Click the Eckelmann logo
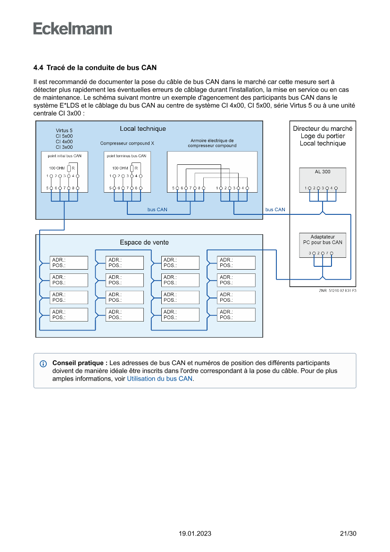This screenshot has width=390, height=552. click(73, 29)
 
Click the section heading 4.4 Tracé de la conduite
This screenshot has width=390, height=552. click(95, 68)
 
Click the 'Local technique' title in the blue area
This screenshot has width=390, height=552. click(142, 128)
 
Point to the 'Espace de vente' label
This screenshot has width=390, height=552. click(144, 242)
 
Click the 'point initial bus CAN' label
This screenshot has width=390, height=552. click(65, 156)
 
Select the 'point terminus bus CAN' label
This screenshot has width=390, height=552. click(126, 156)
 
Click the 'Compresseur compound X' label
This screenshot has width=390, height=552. click(127, 143)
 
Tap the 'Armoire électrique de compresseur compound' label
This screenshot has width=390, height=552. click(212, 143)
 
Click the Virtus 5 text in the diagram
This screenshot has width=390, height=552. click(64, 130)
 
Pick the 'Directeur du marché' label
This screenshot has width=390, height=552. click(323, 128)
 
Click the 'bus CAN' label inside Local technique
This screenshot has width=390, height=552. click(157, 210)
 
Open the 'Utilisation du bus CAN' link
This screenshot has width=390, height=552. click(160, 379)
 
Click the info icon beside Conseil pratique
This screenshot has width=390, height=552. click(43, 364)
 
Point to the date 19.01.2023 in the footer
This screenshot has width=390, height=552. click(195, 534)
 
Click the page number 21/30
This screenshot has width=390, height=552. click(348, 534)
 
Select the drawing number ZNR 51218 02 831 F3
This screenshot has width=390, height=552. click(337, 291)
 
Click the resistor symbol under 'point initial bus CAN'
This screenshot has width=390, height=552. click(69, 169)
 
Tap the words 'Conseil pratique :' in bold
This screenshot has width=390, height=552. click(80, 363)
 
